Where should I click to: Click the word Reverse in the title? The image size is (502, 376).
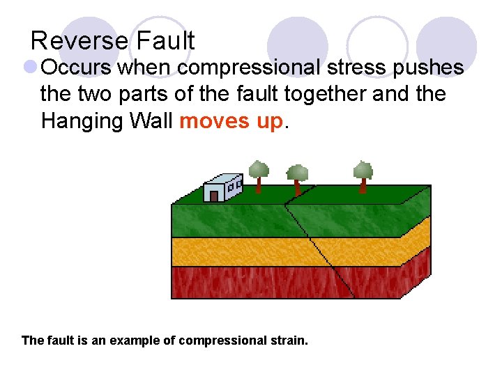(79, 40)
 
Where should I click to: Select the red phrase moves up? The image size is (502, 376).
(231, 121)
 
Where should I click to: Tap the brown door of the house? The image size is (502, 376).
(214, 196)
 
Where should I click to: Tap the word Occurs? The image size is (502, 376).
(77, 68)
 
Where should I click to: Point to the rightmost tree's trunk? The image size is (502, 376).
(363, 185)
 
